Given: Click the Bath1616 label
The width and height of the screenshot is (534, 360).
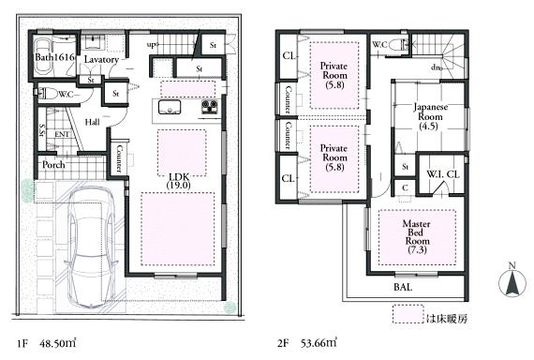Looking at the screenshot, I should tap(52, 58).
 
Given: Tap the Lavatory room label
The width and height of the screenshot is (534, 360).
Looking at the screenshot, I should tap(100, 59).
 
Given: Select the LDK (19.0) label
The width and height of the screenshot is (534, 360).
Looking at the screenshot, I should tap(179, 180).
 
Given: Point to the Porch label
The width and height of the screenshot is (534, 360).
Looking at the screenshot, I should tap(53, 165).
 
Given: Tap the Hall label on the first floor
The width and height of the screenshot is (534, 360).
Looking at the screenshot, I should tap(93, 121).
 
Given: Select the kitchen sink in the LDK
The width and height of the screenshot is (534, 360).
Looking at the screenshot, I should tap(171, 107).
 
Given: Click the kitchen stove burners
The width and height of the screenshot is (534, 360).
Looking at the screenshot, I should tap(208, 106).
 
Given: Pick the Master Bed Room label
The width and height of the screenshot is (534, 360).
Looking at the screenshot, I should tap(416, 235).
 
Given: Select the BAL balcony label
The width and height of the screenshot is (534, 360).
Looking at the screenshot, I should tap(404, 286).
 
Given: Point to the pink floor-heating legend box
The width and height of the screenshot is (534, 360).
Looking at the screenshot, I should tap(407, 318).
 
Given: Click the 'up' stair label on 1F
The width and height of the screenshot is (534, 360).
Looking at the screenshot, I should tap(151, 43).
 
